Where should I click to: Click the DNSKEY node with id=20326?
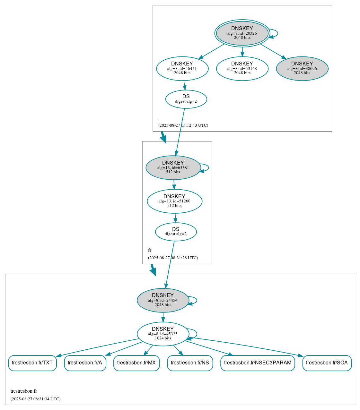(242, 33)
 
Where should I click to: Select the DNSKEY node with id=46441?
(182, 68)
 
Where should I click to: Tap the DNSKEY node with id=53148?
(242, 68)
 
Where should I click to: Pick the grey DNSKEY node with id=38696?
(302, 68)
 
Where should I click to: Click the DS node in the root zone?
(186, 99)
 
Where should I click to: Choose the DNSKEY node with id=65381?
(173, 167)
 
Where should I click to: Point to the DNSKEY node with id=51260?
(174, 201)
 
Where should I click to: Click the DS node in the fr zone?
(176, 232)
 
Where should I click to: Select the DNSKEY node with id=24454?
(163, 300)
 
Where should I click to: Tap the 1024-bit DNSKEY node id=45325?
(163, 334)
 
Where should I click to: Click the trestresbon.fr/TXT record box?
(32, 363)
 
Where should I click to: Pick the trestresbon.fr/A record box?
(85, 363)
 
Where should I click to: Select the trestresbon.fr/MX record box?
(136, 363)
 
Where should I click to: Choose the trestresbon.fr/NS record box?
(190, 363)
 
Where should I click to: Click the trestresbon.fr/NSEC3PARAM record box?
(258, 363)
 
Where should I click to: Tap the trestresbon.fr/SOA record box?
(327, 363)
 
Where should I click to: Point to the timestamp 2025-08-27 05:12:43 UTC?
(183, 125)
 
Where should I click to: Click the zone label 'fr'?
(150, 250)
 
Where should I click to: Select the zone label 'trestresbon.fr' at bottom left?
(24, 391)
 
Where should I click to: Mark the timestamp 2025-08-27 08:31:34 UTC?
(35, 399)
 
